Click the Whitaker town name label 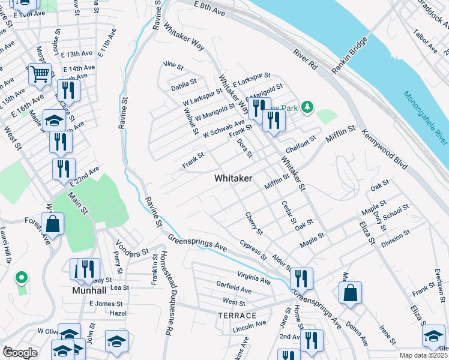(x=234, y=179)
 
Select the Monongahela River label (x=425, y=118)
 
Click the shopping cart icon (x=40, y=74)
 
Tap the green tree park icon (x=307, y=107)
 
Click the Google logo (x=20, y=353)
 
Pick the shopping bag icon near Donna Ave (x=350, y=293)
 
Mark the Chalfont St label (x=301, y=143)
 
